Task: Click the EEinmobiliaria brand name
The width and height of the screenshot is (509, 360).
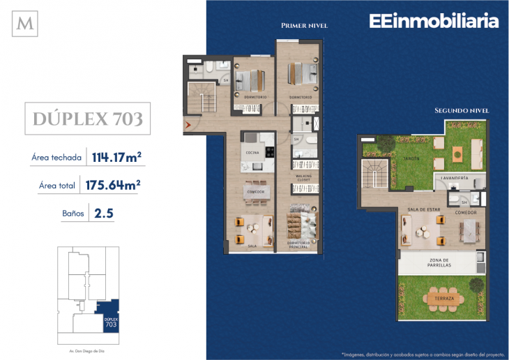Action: click(x=433, y=22)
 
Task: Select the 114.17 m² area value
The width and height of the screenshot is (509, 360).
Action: click(x=116, y=158)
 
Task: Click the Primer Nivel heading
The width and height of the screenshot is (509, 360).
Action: click(x=304, y=26)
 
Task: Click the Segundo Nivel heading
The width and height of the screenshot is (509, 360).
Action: click(x=461, y=110)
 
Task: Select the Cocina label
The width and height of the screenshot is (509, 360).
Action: click(x=252, y=153)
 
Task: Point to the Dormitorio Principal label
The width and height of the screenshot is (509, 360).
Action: click(x=303, y=244)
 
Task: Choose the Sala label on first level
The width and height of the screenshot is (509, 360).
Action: click(x=252, y=246)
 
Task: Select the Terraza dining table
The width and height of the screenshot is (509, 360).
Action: click(x=443, y=299)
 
